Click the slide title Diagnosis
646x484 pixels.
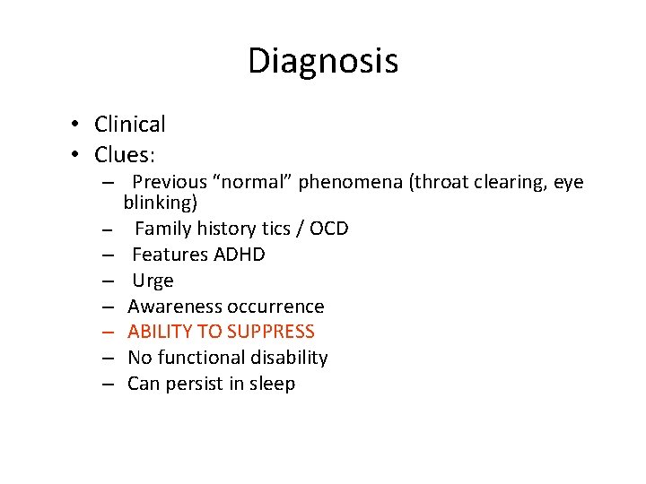click(x=323, y=61)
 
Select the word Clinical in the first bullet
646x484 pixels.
click(x=130, y=125)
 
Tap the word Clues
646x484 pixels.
click(x=125, y=155)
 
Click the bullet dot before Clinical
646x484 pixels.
click(x=80, y=125)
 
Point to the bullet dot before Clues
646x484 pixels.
click(x=80, y=156)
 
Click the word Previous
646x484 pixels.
click(x=170, y=183)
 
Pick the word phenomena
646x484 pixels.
click(x=351, y=183)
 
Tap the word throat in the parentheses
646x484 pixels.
click(x=440, y=183)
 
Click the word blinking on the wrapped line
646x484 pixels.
click(x=160, y=203)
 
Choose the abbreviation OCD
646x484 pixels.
click(x=328, y=229)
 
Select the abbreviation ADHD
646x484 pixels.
click(x=240, y=255)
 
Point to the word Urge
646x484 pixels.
click(x=153, y=281)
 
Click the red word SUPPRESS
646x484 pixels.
click(x=271, y=332)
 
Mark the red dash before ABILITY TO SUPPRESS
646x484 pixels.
click(x=107, y=332)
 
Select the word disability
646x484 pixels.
click(x=288, y=358)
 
